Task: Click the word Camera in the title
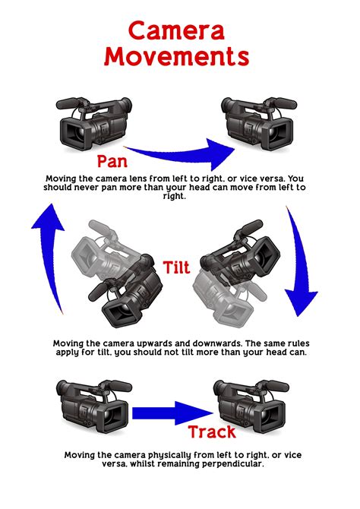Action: (176, 30)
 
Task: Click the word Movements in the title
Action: (177, 56)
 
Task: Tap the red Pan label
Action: (112, 161)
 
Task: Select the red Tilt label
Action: (177, 267)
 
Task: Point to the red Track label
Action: (212, 432)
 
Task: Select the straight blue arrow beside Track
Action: (172, 413)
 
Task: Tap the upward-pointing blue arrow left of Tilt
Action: (48, 257)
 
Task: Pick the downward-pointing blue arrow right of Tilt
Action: (300, 260)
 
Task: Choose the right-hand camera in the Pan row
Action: (259, 123)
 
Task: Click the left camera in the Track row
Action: (93, 406)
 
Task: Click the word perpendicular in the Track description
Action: (232, 464)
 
